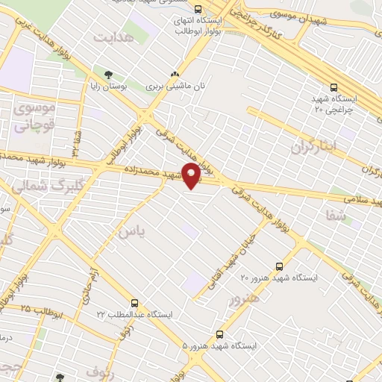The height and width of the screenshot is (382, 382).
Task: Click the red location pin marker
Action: (192, 176)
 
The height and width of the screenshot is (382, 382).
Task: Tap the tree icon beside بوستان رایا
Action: (109, 74)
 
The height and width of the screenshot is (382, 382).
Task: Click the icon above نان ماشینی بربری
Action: (175, 74)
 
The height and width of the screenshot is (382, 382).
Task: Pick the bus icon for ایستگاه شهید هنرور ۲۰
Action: (279, 266)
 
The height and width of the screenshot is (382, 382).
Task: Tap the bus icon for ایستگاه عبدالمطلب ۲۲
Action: (134, 303)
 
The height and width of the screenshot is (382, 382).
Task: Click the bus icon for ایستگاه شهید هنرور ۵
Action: (219, 334)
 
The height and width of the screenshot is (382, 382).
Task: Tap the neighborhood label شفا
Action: (337, 216)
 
